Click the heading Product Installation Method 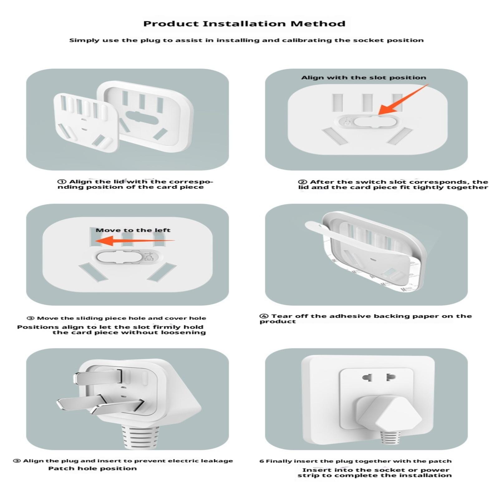click(x=244, y=24)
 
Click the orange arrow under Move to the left click(x=135, y=241)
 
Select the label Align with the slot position click(x=364, y=78)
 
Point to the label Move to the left click(x=133, y=230)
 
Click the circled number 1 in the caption click(x=62, y=182)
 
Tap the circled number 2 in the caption click(x=302, y=182)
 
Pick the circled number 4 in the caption click(x=264, y=316)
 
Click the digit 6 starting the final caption click(x=261, y=461)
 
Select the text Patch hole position click(x=92, y=468)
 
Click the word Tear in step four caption click(x=282, y=316)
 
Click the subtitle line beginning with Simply click(x=246, y=40)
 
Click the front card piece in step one click(x=86, y=122)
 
